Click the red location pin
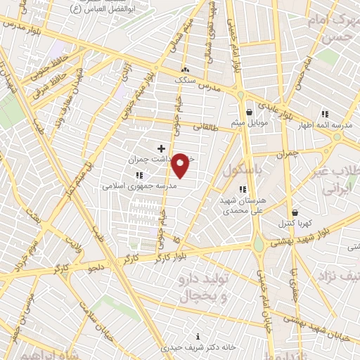click(181, 165)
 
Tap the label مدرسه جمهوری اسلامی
click(131, 186)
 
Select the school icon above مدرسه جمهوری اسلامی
click(139, 174)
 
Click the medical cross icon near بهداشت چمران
click(161, 148)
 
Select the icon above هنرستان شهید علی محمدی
click(243, 188)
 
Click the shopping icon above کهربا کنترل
click(294, 212)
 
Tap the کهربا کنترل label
click(294, 223)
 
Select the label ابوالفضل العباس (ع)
click(105, 11)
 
